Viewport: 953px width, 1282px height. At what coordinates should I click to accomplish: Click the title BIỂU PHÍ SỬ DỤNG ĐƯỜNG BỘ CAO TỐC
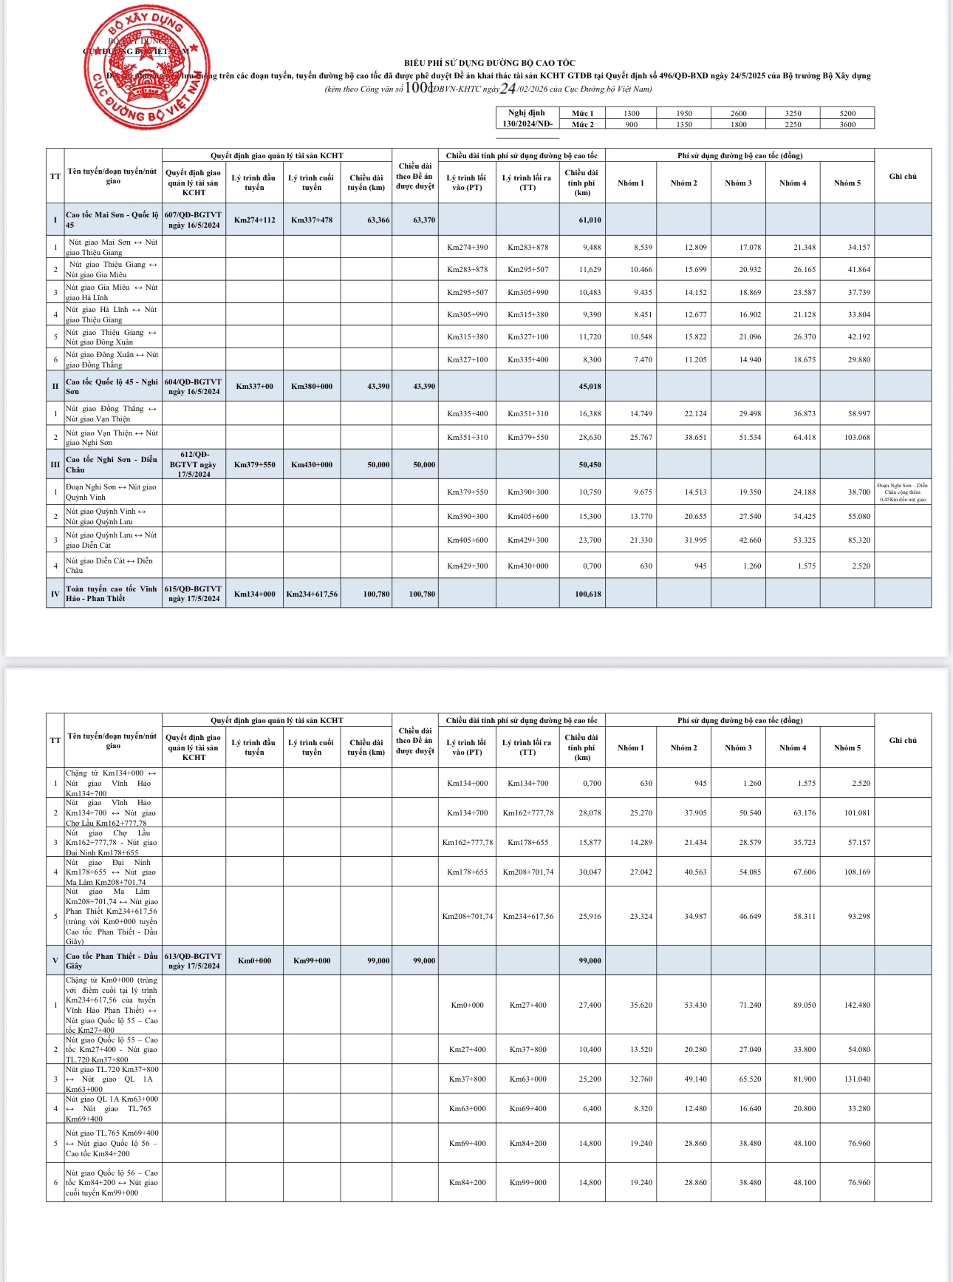coord(489,64)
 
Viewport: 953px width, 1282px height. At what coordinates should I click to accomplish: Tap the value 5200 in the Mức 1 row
coord(847,113)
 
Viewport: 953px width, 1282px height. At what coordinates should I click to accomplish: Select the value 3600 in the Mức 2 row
coord(847,124)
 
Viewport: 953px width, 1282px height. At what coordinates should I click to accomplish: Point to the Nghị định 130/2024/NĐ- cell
coord(527,118)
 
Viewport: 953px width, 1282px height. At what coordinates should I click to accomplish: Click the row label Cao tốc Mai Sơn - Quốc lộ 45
coord(112,220)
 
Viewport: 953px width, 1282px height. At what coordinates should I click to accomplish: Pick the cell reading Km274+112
coord(254,220)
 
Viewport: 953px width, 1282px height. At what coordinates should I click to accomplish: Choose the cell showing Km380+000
coord(312,386)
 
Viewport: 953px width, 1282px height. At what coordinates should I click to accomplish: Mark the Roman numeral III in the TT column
coord(55,465)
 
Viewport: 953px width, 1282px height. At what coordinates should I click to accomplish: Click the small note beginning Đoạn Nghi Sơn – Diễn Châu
coord(902,492)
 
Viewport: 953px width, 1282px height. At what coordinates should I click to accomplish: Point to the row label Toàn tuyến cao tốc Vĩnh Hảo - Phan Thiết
coord(111,594)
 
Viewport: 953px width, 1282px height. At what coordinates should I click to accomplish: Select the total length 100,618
coord(588,594)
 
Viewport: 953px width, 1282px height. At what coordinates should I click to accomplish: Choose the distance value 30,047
coord(590,872)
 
